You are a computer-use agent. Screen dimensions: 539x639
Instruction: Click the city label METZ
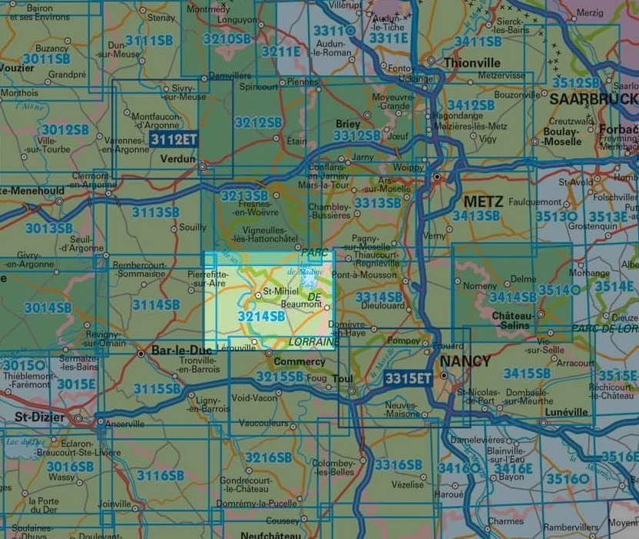pos(484,201)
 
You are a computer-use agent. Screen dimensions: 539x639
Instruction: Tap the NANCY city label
pos(464,360)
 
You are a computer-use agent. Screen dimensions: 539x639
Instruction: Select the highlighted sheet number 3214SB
pos(262,315)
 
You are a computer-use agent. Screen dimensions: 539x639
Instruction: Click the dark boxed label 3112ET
pos(174,139)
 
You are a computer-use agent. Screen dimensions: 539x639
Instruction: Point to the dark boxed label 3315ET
pos(409,378)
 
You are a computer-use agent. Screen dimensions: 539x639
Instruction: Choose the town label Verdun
pos(177,159)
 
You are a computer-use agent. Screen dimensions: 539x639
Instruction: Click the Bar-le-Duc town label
pos(171,351)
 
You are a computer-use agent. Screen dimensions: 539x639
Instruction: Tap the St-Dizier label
pos(38,417)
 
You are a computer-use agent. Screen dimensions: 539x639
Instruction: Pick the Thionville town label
pos(472,62)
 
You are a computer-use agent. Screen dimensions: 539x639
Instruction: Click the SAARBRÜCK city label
pos(593,98)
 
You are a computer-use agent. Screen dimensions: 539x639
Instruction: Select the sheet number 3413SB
pos(476,216)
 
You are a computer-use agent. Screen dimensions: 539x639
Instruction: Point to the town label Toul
pos(343,379)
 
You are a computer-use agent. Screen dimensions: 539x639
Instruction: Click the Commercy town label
pos(300,361)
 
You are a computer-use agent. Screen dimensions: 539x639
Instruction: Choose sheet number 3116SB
pos(161,475)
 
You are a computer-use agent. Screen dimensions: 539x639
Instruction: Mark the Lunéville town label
pos(566,412)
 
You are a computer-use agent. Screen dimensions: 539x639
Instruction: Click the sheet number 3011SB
pos(46,58)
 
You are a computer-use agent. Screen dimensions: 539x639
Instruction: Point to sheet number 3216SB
pos(268,457)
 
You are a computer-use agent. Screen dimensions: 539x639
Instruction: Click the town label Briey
pos(348,124)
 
